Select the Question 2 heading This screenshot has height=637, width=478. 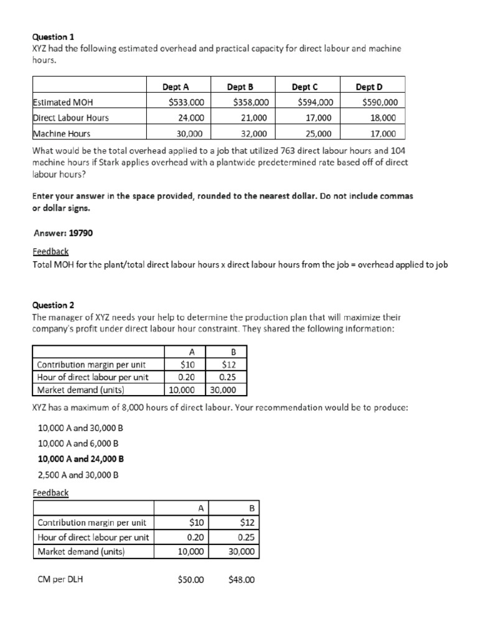53,305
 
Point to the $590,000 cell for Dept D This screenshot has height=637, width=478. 380,103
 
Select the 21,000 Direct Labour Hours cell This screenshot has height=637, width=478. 253,118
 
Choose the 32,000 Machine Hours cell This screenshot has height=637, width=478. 253,133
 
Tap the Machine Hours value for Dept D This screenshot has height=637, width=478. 383,133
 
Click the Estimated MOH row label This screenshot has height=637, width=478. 62,103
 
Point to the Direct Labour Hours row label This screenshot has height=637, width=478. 70,118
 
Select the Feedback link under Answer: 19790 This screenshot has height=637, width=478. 50,251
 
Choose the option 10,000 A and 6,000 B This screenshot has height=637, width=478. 78,444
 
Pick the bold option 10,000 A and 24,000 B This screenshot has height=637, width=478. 81,459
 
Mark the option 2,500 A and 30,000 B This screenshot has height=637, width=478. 78,475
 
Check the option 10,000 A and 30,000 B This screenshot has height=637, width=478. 80,428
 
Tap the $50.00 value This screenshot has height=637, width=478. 190,580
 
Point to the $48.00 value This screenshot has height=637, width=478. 241,580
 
